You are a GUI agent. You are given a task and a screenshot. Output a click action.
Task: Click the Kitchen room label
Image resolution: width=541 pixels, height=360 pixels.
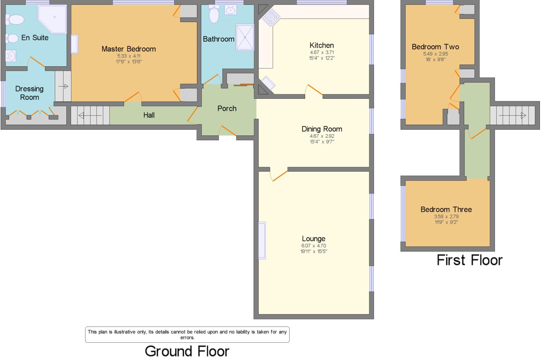pyautogui.click(x=321, y=45)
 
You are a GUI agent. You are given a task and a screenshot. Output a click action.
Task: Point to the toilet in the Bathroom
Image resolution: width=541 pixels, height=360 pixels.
pyautogui.click(x=214, y=15)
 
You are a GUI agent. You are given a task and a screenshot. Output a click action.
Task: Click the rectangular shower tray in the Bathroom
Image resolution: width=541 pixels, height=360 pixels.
pyautogui.click(x=245, y=37)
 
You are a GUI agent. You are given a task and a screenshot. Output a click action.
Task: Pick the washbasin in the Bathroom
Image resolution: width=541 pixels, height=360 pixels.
pyautogui.click(x=230, y=10)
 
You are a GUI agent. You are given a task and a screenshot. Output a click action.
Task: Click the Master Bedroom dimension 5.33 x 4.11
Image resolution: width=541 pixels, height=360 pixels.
pyautogui.click(x=129, y=56)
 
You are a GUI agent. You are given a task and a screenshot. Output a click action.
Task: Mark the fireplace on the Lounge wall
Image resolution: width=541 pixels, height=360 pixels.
pyautogui.click(x=262, y=240)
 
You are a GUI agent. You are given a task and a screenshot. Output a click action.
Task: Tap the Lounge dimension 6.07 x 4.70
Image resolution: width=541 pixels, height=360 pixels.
pyautogui.click(x=313, y=246)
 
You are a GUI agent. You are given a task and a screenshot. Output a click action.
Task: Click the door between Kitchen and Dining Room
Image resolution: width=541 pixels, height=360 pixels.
pyautogui.click(x=314, y=90)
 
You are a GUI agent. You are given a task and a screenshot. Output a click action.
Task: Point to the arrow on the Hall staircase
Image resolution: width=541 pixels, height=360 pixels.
pyautogui.click(x=90, y=115)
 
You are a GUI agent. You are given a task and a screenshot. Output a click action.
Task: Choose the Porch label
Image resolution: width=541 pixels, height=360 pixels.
pyautogui.click(x=227, y=108)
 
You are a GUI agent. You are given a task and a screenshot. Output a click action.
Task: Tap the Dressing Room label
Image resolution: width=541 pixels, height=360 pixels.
pyautogui.click(x=29, y=93)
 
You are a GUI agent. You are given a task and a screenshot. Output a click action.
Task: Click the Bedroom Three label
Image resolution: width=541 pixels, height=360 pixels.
pyautogui.click(x=446, y=209)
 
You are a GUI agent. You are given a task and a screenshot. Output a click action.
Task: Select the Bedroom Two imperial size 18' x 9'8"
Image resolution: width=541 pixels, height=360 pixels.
pyautogui.click(x=435, y=59)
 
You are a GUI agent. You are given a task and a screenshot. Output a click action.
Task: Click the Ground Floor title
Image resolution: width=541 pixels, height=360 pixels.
pyautogui.click(x=187, y=351)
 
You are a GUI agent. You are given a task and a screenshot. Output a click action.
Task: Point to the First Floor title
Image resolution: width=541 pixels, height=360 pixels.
pyautogui.click(x=469, y=260)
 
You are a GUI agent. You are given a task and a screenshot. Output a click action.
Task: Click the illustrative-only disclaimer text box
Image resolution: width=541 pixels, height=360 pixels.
pyautogui.click(x=187, y=335)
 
